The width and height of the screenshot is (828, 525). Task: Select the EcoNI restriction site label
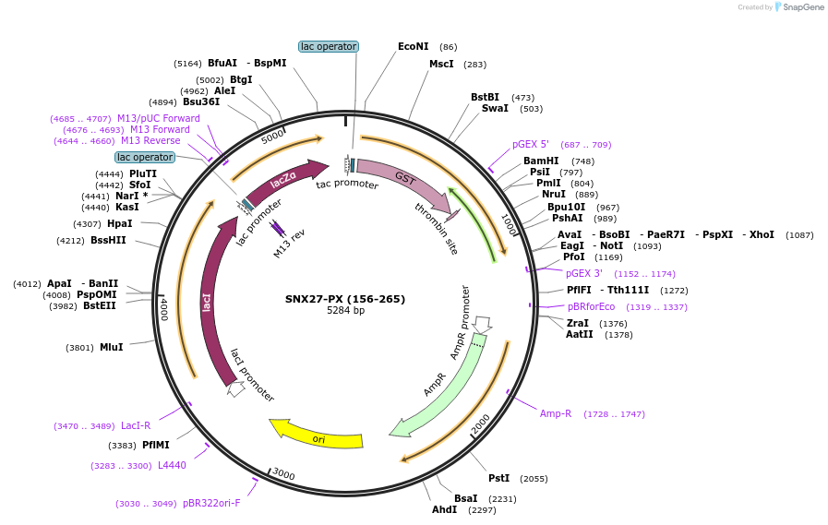tap(414, 46)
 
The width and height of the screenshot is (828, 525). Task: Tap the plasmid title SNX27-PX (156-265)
tap(344, 299)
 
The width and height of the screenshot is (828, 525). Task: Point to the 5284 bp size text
tap(345, 311)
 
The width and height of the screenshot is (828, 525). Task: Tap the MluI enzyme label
tap(111, 347)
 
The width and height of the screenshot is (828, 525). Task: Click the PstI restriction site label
tap(498, 478)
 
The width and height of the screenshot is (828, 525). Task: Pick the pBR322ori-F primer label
tap(211, 503)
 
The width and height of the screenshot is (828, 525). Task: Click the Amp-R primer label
tap(556, 413)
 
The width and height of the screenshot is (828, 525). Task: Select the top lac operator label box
tap(329, 46)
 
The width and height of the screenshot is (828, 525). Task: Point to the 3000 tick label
tap(283, 474)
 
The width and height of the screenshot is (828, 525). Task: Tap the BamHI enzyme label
tap(541, 161)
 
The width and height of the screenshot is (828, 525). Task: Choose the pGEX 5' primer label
tap(531, 144)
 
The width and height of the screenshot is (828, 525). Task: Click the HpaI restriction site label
tap(120, 223)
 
